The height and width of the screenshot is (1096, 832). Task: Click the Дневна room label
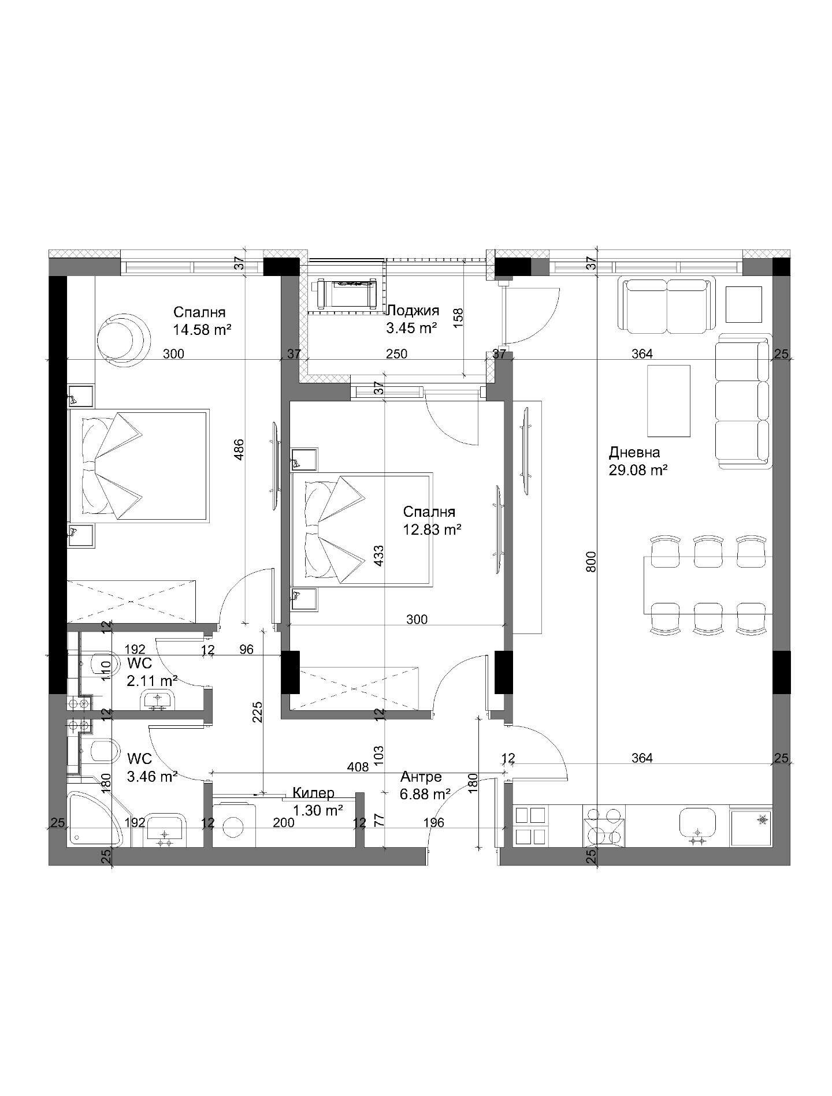[634, 452]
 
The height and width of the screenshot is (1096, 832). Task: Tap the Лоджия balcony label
[413, 311]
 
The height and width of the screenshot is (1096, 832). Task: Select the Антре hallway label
[421, 777]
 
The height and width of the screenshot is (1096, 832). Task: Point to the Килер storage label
[313, 793]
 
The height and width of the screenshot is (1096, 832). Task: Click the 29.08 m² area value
[638, 470]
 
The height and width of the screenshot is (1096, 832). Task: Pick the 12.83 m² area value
[432, 530]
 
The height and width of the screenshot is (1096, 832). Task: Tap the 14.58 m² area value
[202, 330]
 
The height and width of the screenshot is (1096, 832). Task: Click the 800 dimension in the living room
[590, 561]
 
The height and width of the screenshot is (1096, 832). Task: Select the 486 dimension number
[239, 450]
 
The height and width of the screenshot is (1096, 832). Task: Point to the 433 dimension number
[379, 556]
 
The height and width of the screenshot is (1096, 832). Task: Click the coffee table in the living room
[668, 401]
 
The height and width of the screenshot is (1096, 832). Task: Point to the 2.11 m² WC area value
[152, 681]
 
